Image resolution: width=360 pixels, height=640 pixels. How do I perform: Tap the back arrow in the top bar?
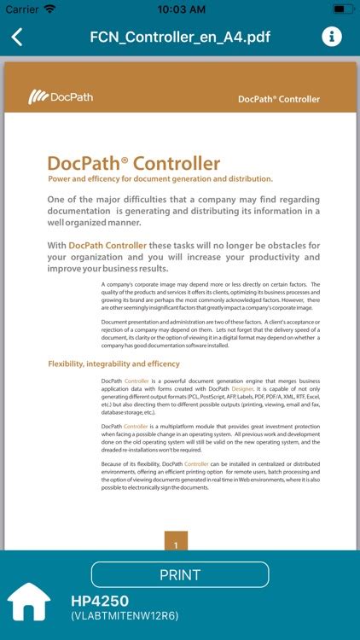pos(17,38)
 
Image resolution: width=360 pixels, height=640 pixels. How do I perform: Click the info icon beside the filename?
pos(332,37)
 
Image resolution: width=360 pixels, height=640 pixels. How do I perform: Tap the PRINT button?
pos(180,574)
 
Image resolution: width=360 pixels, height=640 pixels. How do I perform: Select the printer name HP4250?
pos(100,601)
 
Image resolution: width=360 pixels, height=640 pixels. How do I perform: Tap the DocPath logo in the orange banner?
pos(61,96)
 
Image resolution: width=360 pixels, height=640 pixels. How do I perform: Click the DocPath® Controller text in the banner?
pos(279,99)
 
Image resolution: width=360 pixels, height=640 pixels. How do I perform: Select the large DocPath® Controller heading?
pos(133,163)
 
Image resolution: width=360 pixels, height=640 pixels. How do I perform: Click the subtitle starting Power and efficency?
pos(160,179)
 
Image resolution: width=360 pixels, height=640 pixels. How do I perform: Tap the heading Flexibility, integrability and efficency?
pos(113,364)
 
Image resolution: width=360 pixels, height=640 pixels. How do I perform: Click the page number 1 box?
pos(176,544)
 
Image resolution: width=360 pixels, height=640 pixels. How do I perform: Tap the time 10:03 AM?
pos(180,9)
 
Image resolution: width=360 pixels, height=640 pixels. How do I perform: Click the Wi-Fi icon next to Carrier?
pos(50,9)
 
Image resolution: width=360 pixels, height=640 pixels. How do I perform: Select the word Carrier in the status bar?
pos(22,9)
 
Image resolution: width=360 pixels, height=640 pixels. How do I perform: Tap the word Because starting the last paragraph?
pos(113,463)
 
